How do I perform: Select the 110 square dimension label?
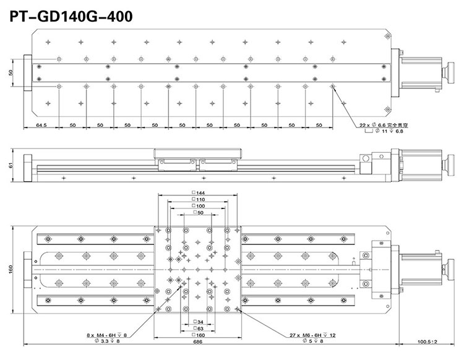tap(199, 200)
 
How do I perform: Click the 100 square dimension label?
tap(199, 206)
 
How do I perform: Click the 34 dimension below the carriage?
tap(199, 322)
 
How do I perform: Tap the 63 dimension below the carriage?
tap(199, 328)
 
